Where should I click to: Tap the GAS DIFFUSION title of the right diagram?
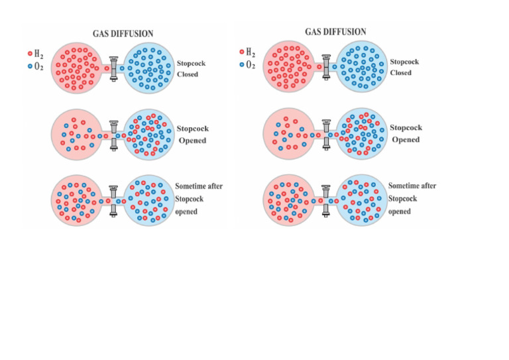coord(335,32)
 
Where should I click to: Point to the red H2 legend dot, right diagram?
coord(241,52)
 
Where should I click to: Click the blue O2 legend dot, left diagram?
coord(30,66)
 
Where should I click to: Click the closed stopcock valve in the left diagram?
coord(114,68)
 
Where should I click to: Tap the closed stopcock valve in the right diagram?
coord(325,67)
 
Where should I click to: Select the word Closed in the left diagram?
coord(188,74)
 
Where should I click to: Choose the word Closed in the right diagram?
coord(400,73)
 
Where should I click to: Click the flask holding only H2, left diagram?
coord(76,68)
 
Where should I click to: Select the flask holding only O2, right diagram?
coord(362,67)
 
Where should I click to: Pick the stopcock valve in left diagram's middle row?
coord(114,135)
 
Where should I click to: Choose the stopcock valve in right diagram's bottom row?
coord(325,200)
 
